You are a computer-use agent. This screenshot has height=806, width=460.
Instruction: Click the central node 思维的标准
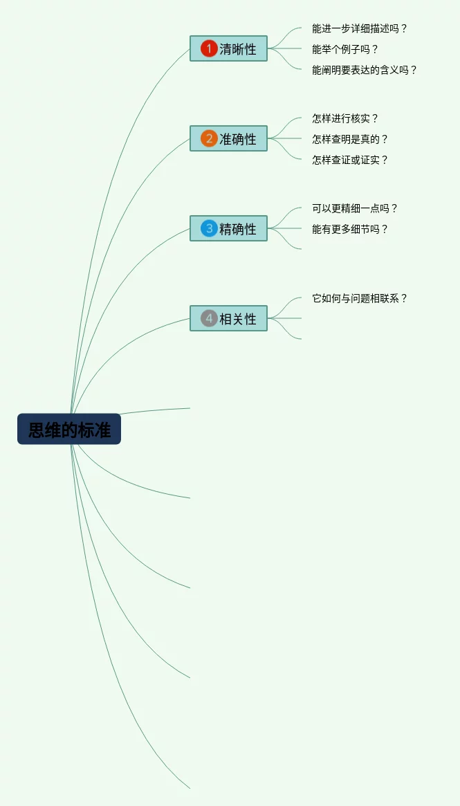click(x=69, y=429)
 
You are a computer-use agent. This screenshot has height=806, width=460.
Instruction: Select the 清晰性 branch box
click(x=228, y=48)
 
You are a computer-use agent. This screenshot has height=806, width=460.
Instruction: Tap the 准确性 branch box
click(x=228, y=138)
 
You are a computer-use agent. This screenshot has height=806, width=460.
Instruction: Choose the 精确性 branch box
click(x=228, y=228)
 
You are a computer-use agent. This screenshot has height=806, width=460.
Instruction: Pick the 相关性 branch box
click(x=228, y=318)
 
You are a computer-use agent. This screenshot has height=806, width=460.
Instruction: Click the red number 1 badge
click(x=209, y=48)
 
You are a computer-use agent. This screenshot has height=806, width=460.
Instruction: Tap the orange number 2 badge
click(x=209, y=138)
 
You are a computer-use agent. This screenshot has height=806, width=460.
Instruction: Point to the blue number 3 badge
click(x=209, y=228)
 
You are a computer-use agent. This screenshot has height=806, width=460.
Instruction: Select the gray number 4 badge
click(x=209, y=318)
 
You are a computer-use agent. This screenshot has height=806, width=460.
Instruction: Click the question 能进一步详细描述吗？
click(x=360, y=28)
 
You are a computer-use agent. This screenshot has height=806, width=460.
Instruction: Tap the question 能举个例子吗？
click(x=345, y=49)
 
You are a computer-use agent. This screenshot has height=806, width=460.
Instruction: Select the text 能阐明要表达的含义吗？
click(x=365, y=70)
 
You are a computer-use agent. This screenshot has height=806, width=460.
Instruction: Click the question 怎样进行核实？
click(x=345, y=118)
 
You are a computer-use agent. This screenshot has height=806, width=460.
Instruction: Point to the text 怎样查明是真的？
click(x=350, y=139)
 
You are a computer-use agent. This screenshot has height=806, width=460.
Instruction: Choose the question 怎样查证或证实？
click(x=350, y=160)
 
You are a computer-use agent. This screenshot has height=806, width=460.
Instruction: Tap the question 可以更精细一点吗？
click(x=355, y=208)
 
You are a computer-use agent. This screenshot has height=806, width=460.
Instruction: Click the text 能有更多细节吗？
click(x=350, y=229)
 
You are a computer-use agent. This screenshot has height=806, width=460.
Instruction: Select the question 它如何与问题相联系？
click(x=360, y=298)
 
